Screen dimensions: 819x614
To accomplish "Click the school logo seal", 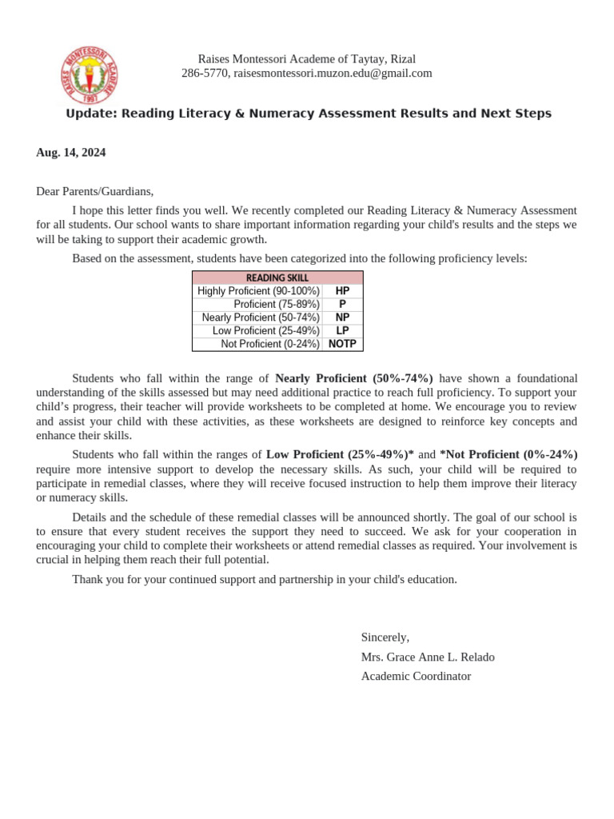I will click(x=90, y=74).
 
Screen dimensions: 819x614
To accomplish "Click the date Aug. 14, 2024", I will click(x=70, y=152).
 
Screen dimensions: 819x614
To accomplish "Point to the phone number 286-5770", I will click(x=205, y=73).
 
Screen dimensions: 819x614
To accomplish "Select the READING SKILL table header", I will click(x=277, y=278).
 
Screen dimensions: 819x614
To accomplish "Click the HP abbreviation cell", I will click(x=342, y=291).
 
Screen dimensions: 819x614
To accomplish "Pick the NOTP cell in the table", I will click(x=342, y=344).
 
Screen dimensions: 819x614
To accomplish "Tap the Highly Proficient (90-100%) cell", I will click(x=258, y=291).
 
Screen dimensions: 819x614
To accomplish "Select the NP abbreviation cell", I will click(x=342, y=318).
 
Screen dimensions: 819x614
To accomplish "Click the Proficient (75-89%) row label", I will click(x=276, y=305).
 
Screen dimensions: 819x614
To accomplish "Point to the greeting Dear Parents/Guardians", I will click(x=94, y=191).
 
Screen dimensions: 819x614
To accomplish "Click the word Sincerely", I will click(x=385, y=637).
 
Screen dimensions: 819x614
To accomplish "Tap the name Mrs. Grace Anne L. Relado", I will click(x=428, y=657).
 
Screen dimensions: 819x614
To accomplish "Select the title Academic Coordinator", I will click(x=416, y=676).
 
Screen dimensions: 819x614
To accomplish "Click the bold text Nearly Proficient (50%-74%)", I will click(x=353, y=378).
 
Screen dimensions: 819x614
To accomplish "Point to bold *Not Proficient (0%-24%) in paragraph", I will click(x=508, y=454).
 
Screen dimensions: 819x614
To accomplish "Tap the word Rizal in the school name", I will click(x=402, y=59).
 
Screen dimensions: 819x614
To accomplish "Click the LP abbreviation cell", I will click(x=342, y=330).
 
